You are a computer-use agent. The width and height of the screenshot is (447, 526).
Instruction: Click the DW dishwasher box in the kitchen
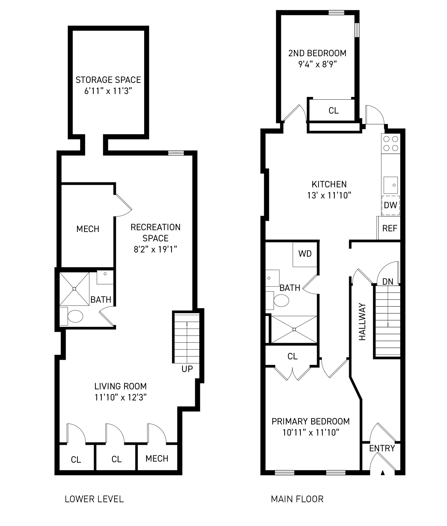[391, 205]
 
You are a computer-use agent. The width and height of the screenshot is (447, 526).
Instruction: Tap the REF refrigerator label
[390, 228]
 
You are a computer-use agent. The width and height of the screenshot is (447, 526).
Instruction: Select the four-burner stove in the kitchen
[391, 144]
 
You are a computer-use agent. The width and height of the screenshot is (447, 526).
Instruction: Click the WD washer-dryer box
[305, 254]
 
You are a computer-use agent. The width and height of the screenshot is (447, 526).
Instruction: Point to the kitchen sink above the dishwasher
[391, 185]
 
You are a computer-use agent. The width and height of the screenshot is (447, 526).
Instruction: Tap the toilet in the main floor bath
[281, 301]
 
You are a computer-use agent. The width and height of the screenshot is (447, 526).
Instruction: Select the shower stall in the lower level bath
[74, 289]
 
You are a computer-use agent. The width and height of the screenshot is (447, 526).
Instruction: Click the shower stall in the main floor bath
[294, 329]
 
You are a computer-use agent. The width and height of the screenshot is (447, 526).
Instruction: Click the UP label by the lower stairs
[187, 369]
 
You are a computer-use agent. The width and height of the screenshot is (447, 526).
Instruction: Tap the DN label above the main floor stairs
[387, 282]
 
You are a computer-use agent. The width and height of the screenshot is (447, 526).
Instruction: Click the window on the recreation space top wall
[176, 153]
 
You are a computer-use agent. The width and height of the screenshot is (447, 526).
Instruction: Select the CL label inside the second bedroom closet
[333, 110]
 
